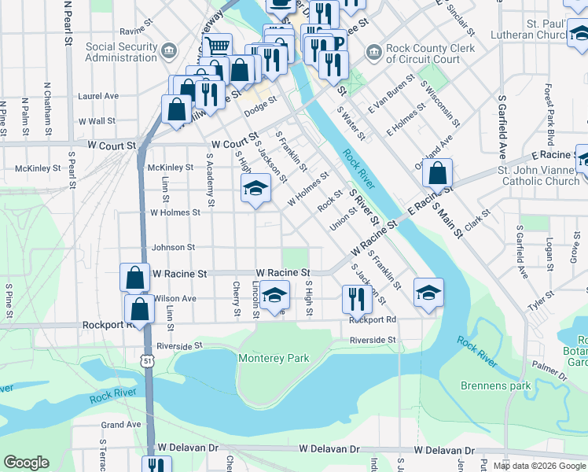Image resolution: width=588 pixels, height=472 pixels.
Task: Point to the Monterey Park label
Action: pyautogui.click(x=274, y=359)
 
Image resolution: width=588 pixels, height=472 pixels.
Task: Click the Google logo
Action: pyautogui.click(x=26, y=463)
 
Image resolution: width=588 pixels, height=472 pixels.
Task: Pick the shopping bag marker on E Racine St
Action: pyautogui.click(x=437, y=172)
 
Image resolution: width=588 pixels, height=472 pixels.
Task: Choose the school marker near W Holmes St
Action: pyautogui.click(x=255, y=188)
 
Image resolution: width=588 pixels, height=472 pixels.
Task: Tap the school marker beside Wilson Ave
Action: pyautogui.click(x=274, y=295)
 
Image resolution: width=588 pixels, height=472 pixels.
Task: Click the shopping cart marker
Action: pyautogui.click(x=218, y=45)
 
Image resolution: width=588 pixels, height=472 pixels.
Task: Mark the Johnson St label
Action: pyautogui.click(x=173, y=247)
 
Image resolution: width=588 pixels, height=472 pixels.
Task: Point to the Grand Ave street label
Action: pyautogui.click(x=120, y=425)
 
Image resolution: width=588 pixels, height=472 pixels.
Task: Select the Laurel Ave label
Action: pyautogui.click(x=97, y=96)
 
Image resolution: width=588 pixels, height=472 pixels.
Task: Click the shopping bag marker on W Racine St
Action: pyautogui.click(x=134, y=277)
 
